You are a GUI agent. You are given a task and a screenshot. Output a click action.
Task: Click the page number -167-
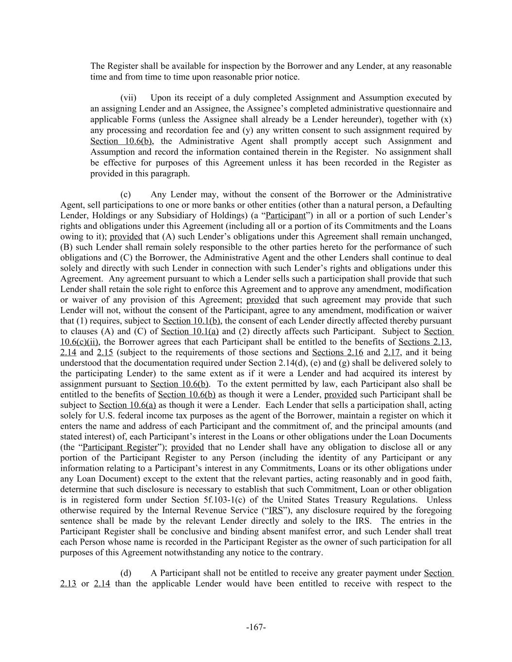[x=256, y=628]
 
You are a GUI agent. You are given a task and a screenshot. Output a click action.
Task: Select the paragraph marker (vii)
[x=129, y=98]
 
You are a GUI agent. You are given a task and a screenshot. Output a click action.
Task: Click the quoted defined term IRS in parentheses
[x=276, y=510]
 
